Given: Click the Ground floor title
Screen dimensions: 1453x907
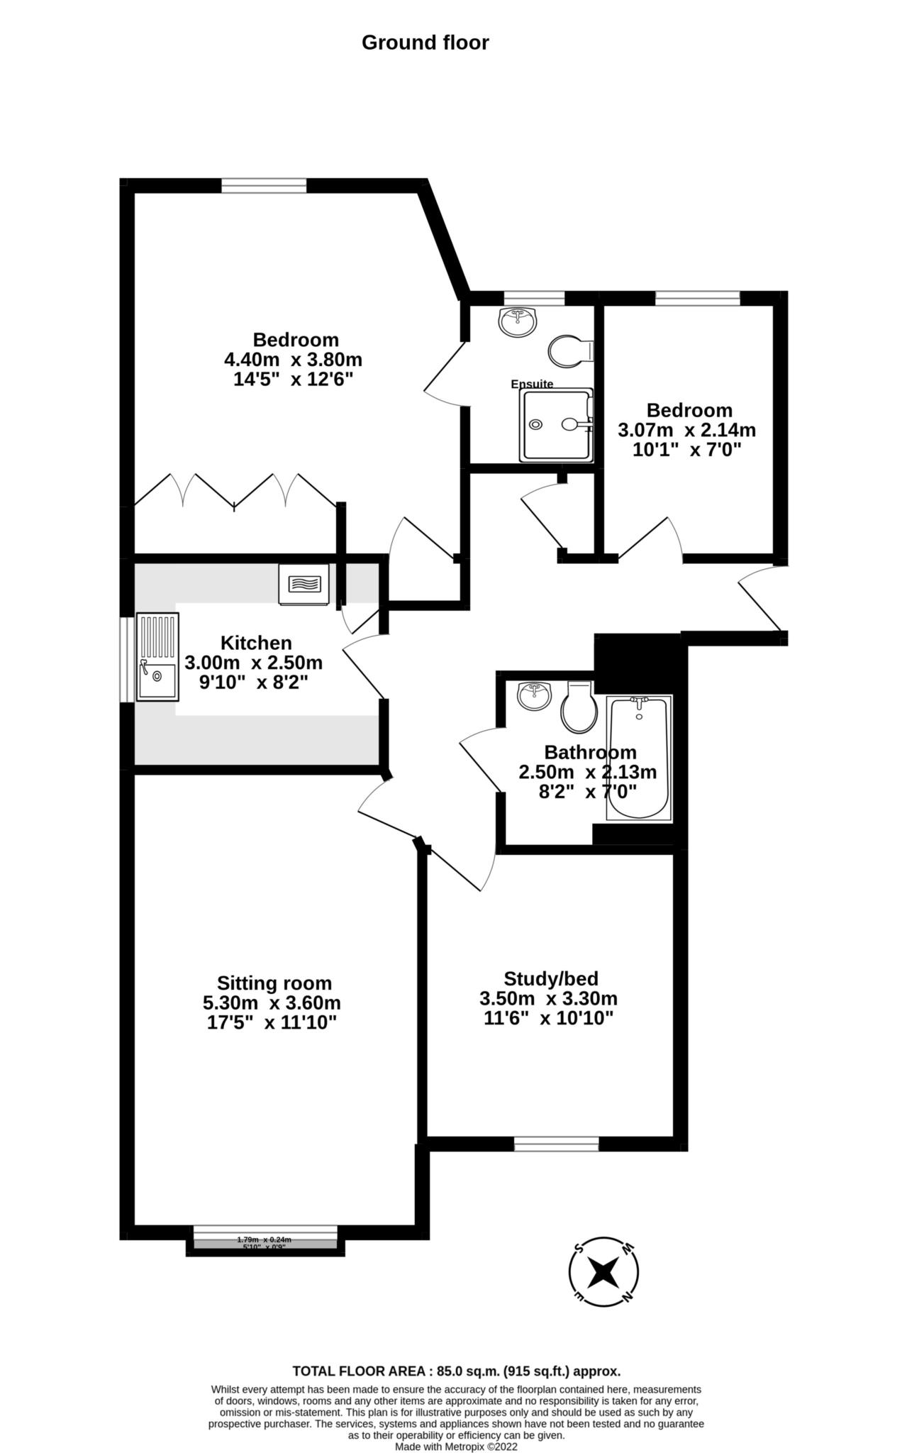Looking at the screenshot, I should [425, 43].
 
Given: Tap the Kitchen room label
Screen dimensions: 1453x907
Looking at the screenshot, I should [256, 643].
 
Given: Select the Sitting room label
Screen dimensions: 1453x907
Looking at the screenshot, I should [274, 983].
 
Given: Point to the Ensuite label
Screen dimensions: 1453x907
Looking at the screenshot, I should [532, 384].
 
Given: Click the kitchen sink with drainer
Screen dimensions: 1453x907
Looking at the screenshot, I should [157, 656].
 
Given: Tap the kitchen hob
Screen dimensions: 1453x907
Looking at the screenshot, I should [304, 584].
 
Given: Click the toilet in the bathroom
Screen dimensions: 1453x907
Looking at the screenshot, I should [579, 707].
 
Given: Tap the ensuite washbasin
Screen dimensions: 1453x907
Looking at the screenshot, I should [518, 321].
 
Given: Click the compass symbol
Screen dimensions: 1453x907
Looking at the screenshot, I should [603, 1273].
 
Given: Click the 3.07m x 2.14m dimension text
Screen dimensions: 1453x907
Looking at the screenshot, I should [686, 430].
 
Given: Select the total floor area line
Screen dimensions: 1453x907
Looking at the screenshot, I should [457, 1371].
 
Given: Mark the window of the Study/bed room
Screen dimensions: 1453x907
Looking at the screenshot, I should [556, 1143].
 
